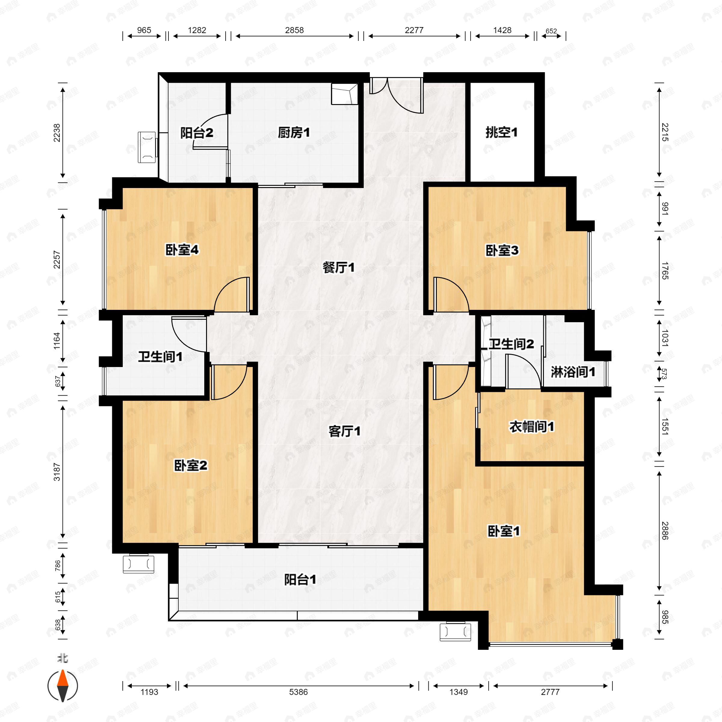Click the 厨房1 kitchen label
click(294, 133)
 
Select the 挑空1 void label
click(501, 132)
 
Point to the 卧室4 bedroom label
click(182, 250)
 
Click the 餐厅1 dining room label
click(338, 267)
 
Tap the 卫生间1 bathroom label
click(160, 357)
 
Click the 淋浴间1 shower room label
click(573, 372)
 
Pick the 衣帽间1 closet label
click(532, 427)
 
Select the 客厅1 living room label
click(344, 432)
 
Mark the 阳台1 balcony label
click(300, 580)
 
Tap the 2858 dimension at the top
click(295, 30)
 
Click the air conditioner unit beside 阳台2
click(147, 147)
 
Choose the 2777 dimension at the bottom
click(550, 692)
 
